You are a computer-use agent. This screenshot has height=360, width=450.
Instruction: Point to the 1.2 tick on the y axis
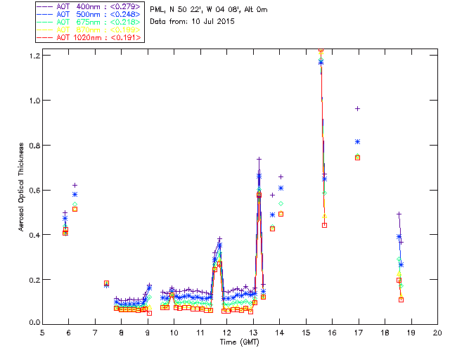32,56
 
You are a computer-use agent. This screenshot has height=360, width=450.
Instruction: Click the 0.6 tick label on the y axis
32,190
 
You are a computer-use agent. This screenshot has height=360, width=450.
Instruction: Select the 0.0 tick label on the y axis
32,323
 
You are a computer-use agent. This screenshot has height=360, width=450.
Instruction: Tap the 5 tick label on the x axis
42,333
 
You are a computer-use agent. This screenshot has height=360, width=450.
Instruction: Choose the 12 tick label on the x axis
226,333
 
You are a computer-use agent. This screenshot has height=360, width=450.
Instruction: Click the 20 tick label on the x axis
437,333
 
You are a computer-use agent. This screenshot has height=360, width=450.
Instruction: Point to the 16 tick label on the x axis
332,333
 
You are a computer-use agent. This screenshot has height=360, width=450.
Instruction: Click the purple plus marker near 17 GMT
358,108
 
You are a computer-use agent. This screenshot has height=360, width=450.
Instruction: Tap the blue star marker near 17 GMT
358,142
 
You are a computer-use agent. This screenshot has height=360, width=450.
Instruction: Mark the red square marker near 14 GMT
281,214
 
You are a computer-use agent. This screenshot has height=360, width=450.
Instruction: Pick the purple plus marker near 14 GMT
281,176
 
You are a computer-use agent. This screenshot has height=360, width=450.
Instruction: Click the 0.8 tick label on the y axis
32,146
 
